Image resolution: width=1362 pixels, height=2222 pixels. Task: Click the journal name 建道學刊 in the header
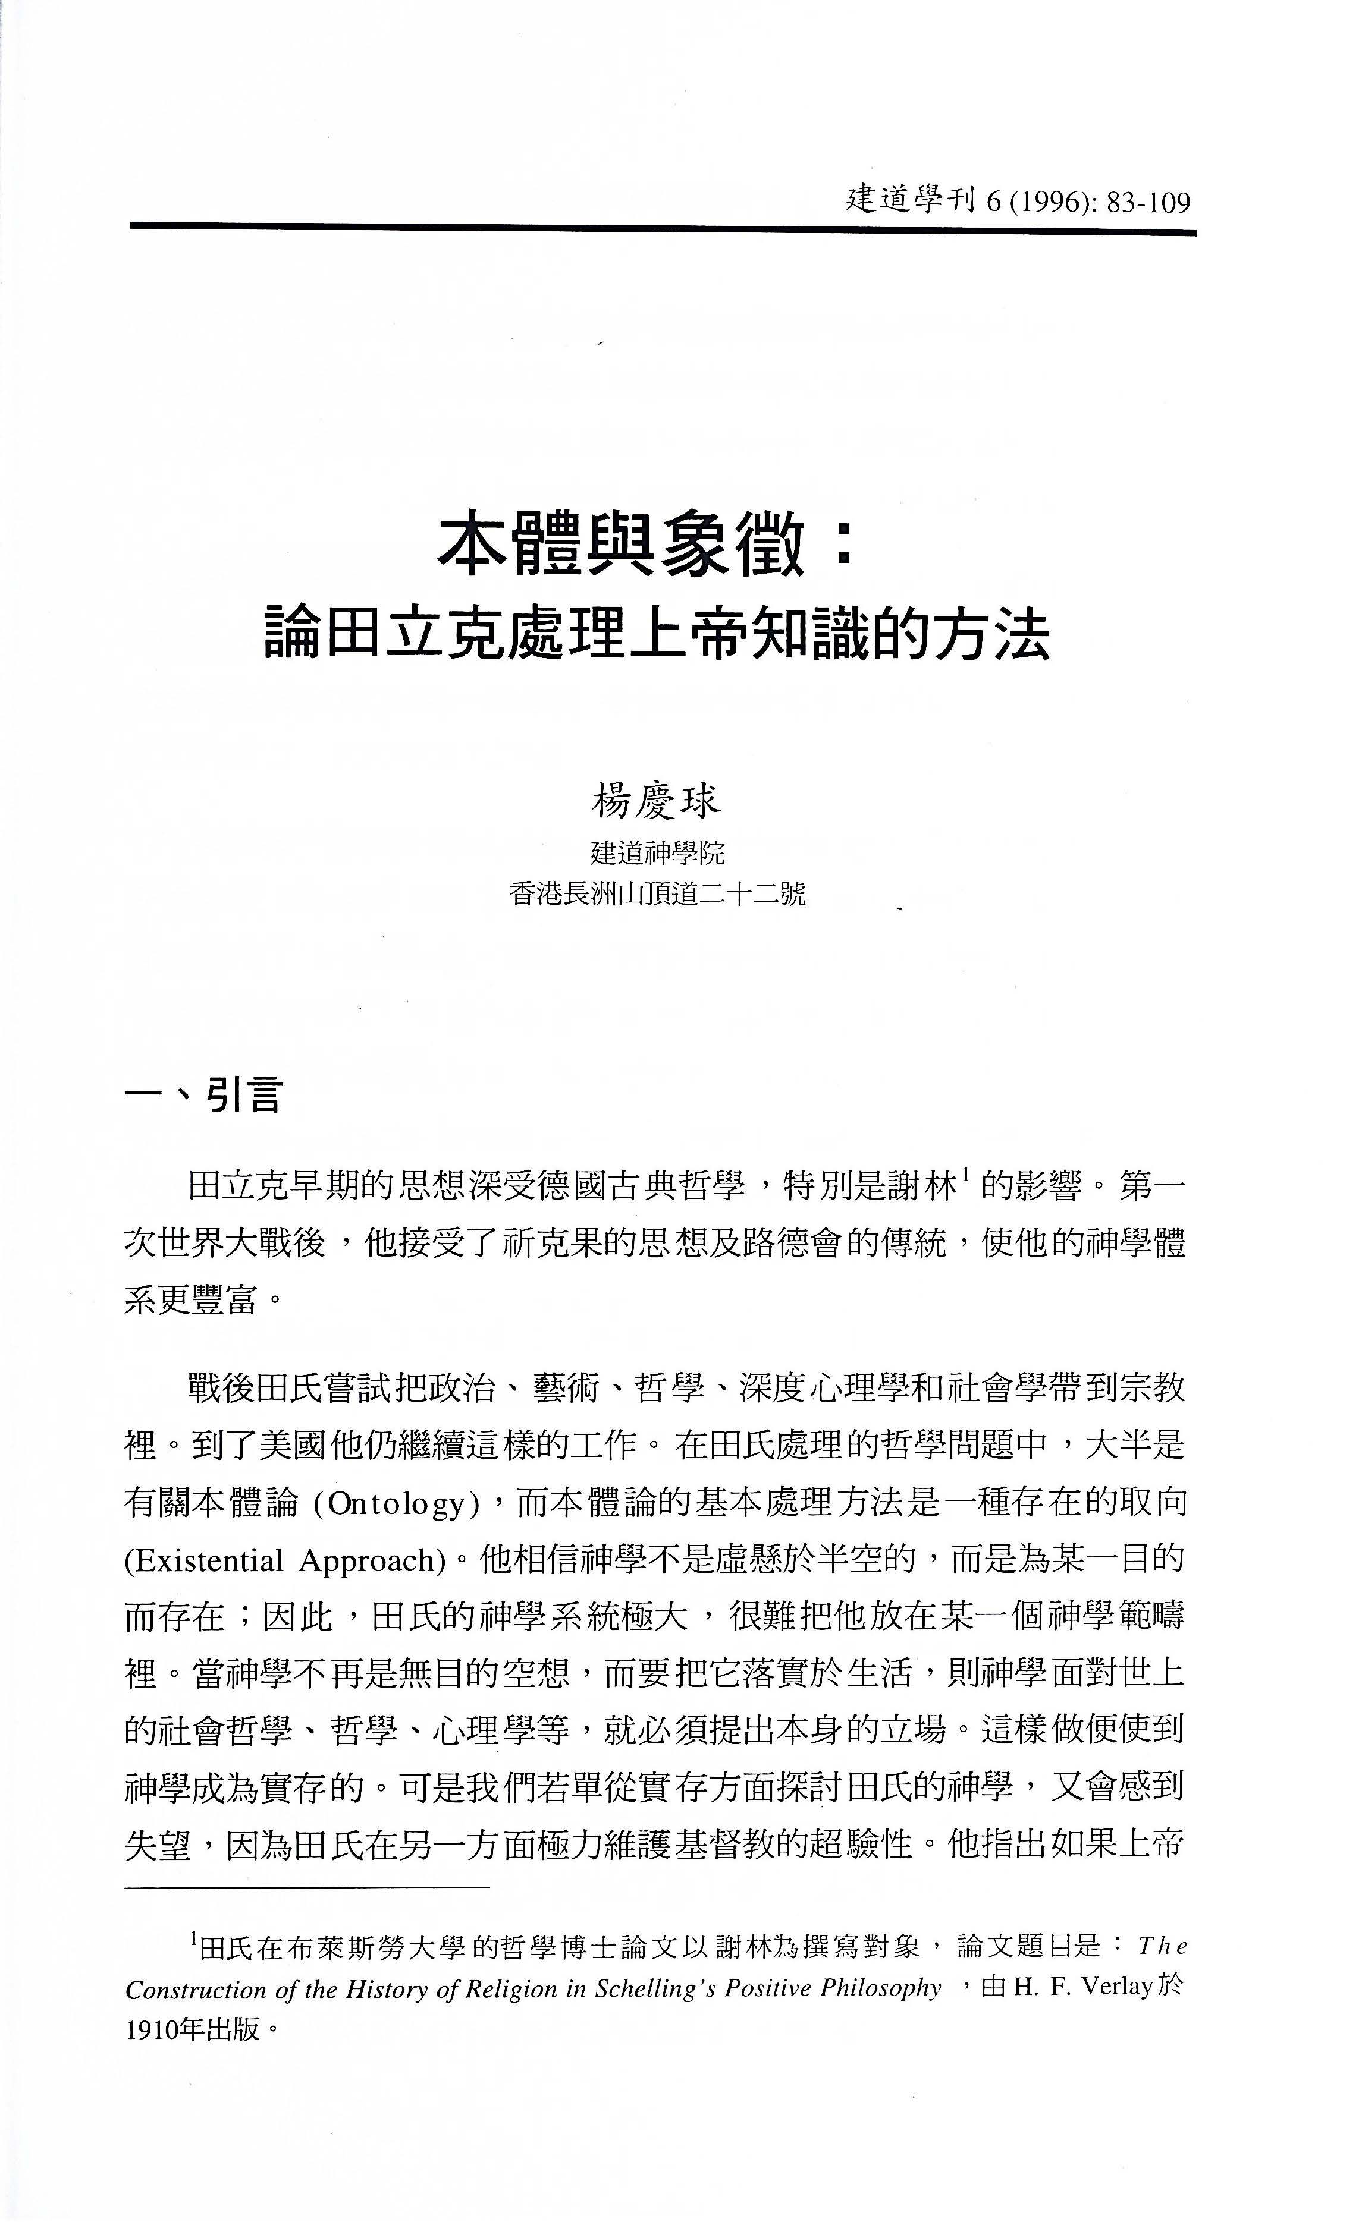coord(912,199)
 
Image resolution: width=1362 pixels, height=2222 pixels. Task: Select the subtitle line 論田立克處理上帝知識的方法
coord(657,636)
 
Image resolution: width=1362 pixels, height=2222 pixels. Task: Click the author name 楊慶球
coord(657,800)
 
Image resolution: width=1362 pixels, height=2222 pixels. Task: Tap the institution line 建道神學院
coord(657,852)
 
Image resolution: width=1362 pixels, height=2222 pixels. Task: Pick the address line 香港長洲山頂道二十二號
coord(657,895)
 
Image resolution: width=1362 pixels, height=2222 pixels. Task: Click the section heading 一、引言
coord(204,1096)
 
